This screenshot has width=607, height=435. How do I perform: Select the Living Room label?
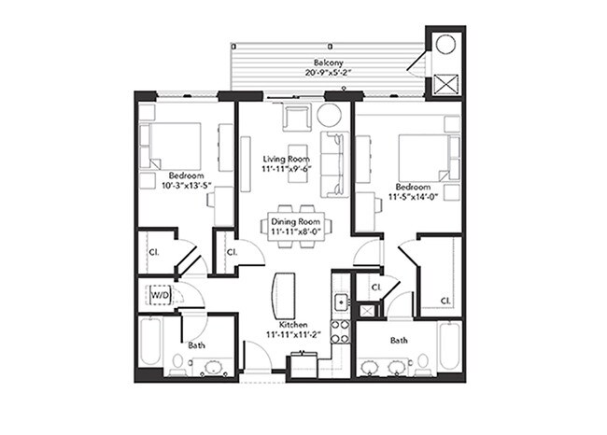point(286,159)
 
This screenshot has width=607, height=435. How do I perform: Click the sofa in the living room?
point(332,163)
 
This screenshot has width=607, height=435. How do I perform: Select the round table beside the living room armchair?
point(329,116)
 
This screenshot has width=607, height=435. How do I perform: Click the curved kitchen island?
point(281,296)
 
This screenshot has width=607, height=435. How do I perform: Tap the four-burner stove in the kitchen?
point(342,330)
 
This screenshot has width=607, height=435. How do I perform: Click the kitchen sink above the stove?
point(342,302)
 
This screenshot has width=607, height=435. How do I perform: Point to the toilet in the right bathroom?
point(422,360)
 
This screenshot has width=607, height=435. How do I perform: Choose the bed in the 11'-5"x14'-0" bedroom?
point(423,157)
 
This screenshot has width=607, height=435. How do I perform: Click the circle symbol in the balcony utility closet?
point(445,44)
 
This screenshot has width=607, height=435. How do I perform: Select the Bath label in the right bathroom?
point(399,341)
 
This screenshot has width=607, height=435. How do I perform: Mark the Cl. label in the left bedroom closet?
point(152,251)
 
